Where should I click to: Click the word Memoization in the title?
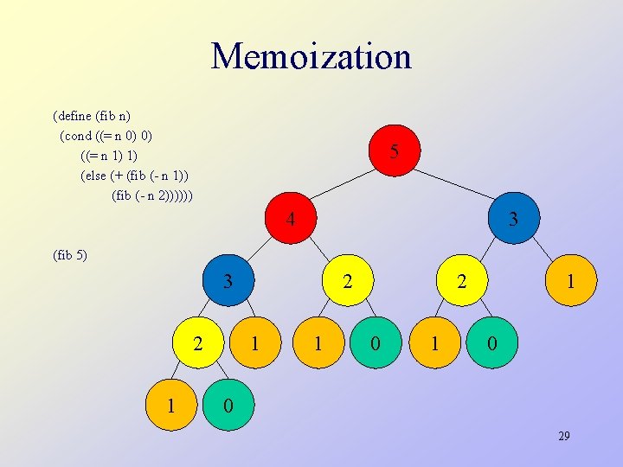[311, 56]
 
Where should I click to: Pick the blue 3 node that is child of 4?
[228, 281]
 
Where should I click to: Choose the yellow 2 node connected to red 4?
[347, 281]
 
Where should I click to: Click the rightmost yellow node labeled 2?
[462, 281]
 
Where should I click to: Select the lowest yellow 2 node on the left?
[199, 343]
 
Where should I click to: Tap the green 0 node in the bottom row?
[228, 405]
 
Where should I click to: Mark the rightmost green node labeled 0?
[491, 343]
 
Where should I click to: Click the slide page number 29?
[563, 437]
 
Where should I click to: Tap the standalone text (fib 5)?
[70, 255]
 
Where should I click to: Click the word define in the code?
[77, 115]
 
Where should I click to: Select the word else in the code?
[94, 176]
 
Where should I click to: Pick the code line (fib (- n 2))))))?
[152, 195]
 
